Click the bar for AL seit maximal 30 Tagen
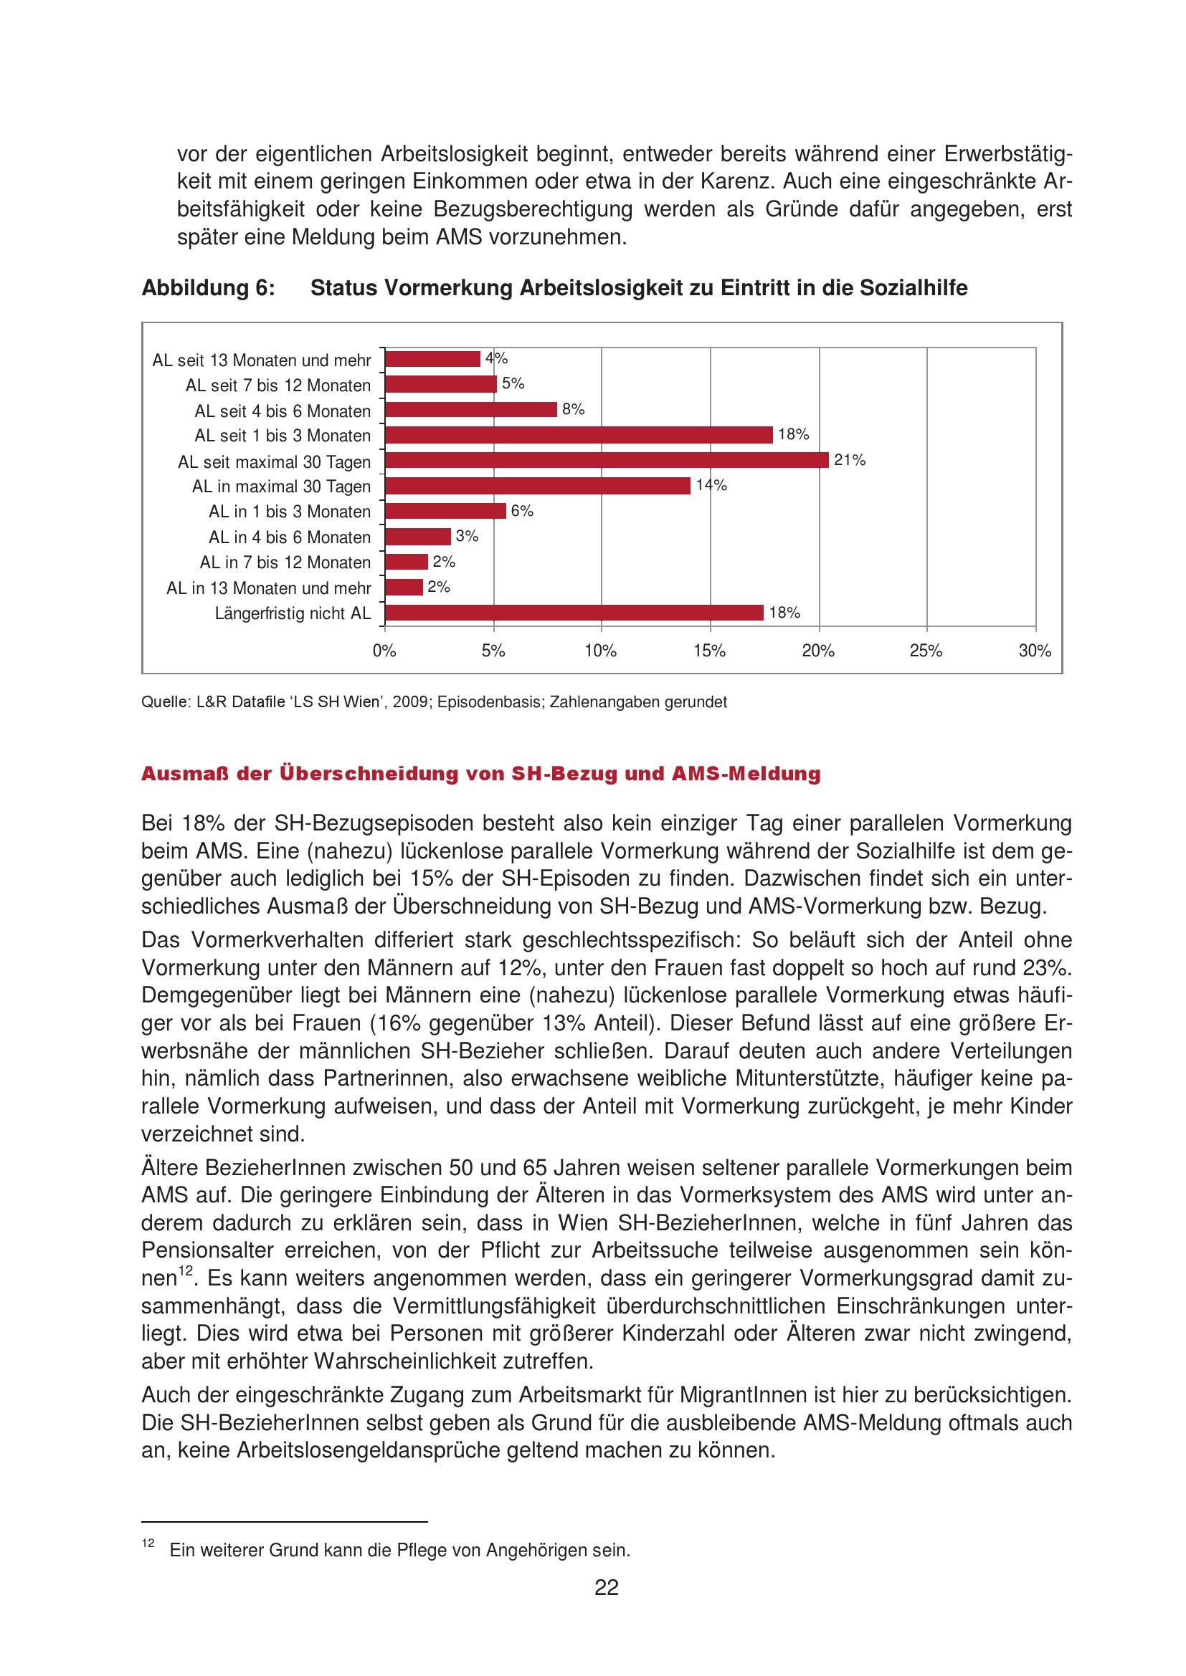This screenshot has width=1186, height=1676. pyautogui.click(x=606, y=460)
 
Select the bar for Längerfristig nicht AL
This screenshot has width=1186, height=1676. pyautogui.click(x=574, y=613)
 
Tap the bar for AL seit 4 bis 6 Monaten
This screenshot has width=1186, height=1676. pyautogui.click(x=471, y=410)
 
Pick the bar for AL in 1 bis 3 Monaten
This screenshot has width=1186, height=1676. pyautogui.click(x=445, y=511)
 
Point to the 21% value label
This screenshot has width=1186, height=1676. pyautogui.click(x=849, y=460)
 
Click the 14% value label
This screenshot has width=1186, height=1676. pyautogui.click(x=711, y=485)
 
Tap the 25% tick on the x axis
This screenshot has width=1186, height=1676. pyautogui.click(x=926, y=651)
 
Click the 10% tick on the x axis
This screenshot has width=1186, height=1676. pyautogui.click(x=600, y=651)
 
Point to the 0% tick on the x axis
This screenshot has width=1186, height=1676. pyautogui.click(x=384, y=651)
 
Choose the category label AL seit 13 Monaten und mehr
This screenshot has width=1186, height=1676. pyautogui.click(x=262, y=360)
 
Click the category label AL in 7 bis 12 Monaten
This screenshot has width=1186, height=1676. pyautogui.click(x=285, y=562)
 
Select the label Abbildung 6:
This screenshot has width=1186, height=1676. pyautogui.click(x=208, y=288)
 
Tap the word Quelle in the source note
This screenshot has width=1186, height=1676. pyautogui.click(x=164, y=702)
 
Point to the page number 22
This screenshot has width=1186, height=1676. pyautogui.click(x=606, y=1588)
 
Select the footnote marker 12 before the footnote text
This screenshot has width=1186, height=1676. pyautogui.click(x=148, y=1543)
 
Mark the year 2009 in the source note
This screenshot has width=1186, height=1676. pyautogui.click(x=411, y=702)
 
